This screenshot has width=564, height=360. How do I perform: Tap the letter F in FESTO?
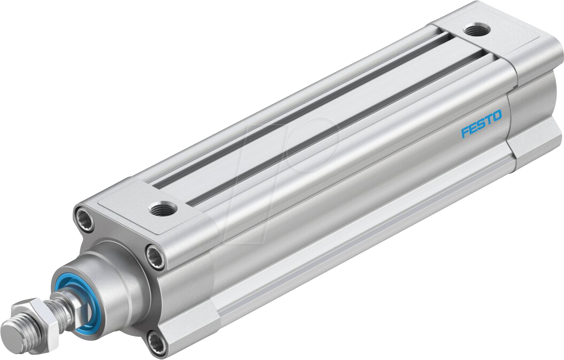(465, 132)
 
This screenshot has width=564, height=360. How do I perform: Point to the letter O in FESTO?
(497, 116)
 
